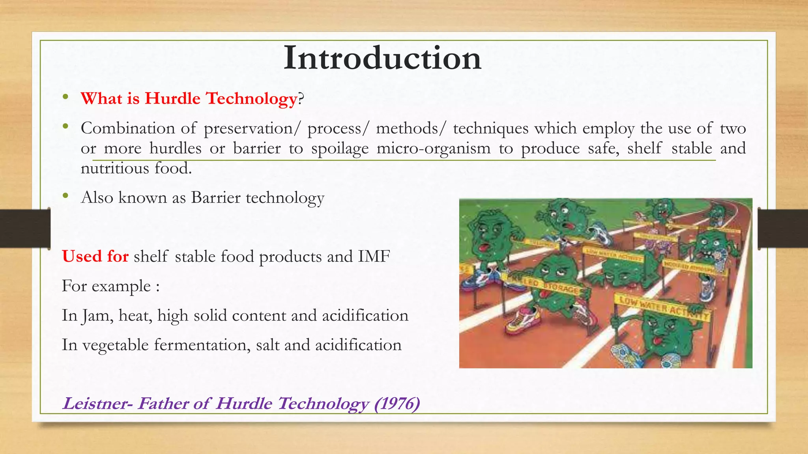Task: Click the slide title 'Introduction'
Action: coord(382,58)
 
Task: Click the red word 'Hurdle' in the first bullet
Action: coord(172,99)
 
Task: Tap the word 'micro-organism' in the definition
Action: coord(433,149)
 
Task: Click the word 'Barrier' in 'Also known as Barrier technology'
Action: coord(215,197)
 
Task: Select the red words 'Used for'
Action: coord(95,257)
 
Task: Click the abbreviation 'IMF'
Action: coord(374,257)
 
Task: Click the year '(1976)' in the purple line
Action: coord(397,404)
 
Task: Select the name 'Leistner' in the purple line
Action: coord(95,404)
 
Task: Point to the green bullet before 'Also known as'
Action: coord(65,195)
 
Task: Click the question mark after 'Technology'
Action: coord(301,99)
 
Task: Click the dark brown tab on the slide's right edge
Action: coord(783,229)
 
